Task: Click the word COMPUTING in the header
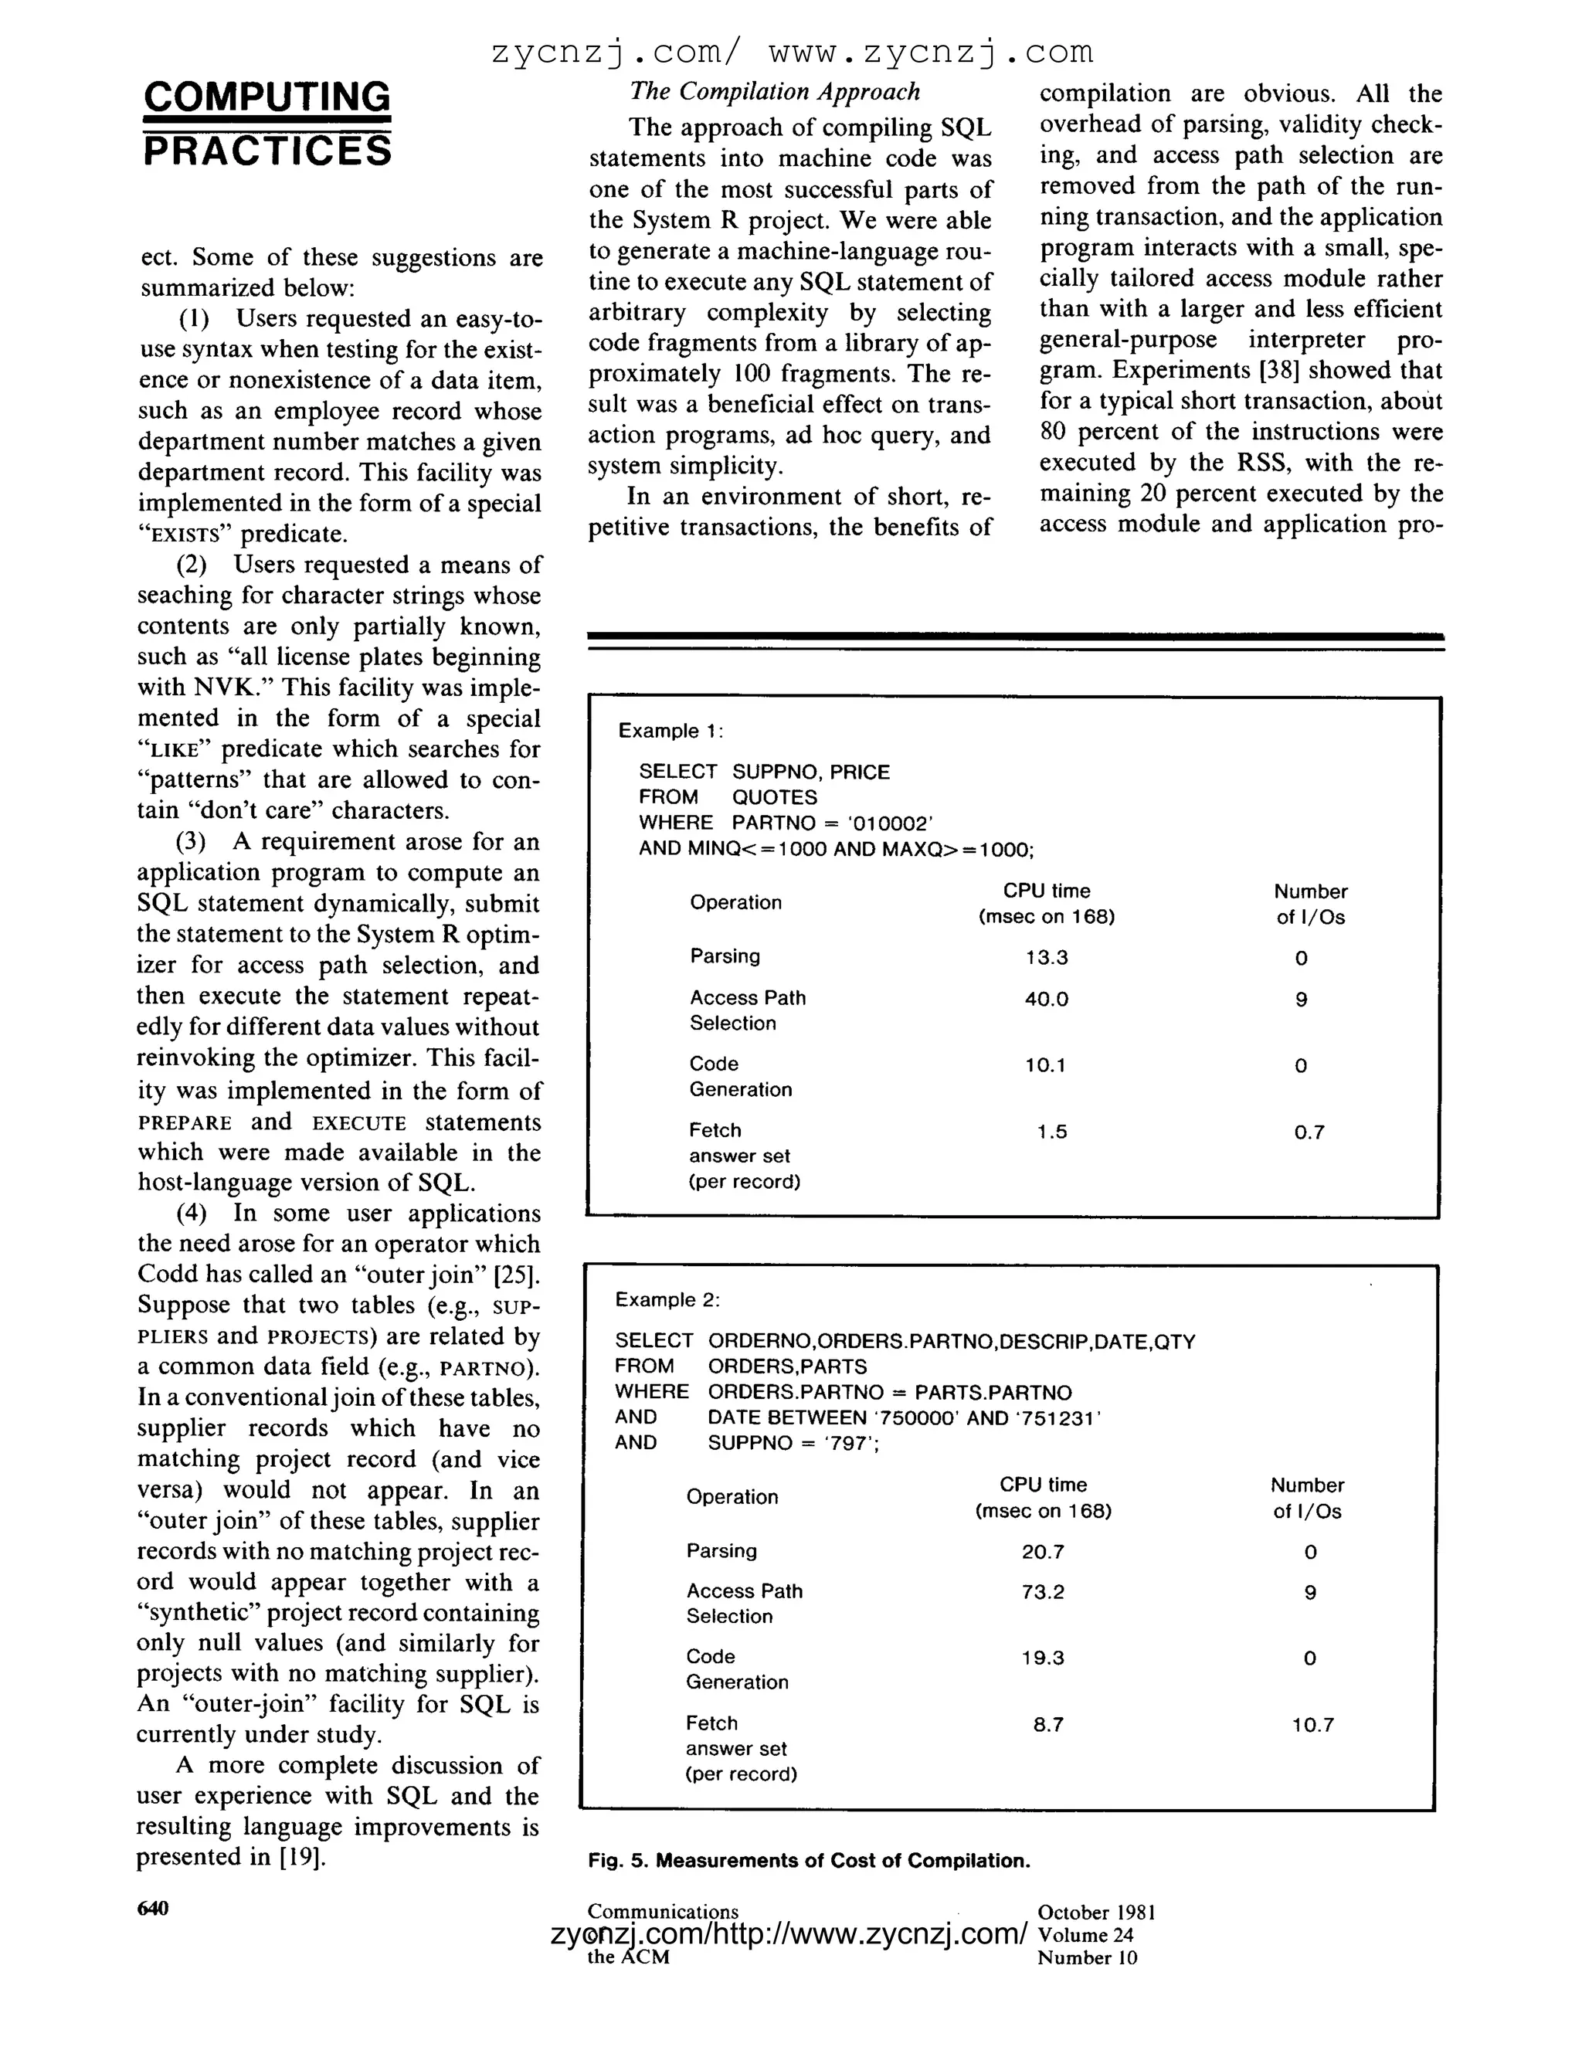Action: pos(267,97)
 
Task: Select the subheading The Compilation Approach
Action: pos(774,92)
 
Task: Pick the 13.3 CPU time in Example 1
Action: pos(1046,957)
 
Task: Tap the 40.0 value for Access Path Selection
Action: pos(1046,999)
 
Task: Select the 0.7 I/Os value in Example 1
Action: pos(1309,1132)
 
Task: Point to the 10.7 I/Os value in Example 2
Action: pos(1312,1725)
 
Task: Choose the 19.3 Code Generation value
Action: pos(1042,1658)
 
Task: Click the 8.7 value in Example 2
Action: pos(1047,1725)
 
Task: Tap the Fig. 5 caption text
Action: pos(809,1861)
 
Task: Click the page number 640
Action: pos(153,1908)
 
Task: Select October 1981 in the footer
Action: pos(1095,1912)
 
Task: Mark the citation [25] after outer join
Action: pos(521,1275)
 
